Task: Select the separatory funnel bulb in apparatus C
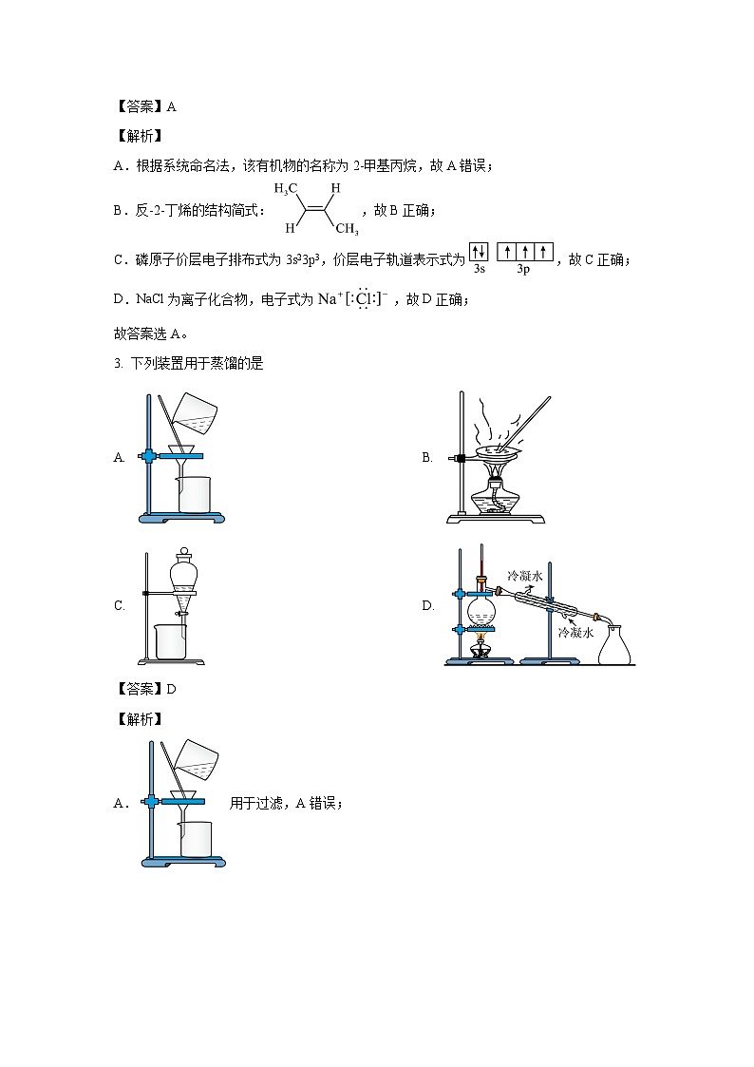tap(183, 575)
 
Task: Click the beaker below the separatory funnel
tap(171, 641)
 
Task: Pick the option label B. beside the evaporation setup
tap(427, 458)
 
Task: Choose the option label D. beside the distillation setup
tap(427, 605)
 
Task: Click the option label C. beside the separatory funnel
tap(120, 605)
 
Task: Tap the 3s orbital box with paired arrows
tap(479, 252)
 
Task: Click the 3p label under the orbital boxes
tap(523, 270)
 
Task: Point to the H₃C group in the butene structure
tap(287, 188)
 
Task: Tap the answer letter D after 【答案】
tap(171, 689)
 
